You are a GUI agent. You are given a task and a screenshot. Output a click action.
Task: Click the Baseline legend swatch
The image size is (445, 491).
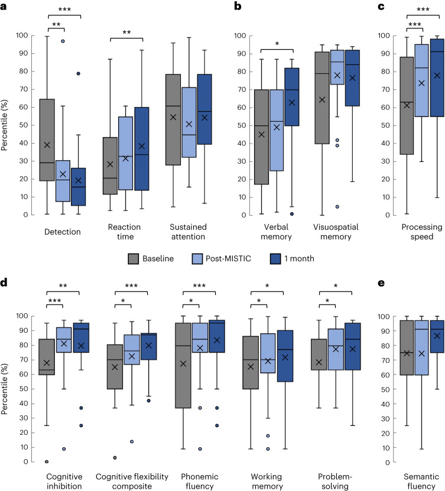(x=134, y=259)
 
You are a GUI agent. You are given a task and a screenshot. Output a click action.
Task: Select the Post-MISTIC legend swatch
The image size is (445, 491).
(x=197, y=259)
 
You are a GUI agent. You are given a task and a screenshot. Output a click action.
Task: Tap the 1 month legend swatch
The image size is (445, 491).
(x=275, y=259)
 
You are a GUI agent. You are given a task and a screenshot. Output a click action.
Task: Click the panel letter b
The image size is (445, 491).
(x=238, y=6)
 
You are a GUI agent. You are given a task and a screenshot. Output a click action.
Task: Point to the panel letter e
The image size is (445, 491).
(x=381, y=283)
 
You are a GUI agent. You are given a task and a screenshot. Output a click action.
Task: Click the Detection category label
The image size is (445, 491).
(x=63, y=232)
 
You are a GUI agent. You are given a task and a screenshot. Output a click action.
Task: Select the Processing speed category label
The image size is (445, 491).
(x=422, y=232)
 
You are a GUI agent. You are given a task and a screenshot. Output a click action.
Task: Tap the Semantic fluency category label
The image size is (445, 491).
(x=421, y=482)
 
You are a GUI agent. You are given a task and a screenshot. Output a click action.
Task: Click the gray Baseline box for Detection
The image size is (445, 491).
(x=47, y=140)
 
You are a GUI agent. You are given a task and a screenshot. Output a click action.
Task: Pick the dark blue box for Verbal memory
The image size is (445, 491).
(x=292, y=97)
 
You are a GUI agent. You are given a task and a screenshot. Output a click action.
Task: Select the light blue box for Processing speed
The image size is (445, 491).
(x=421, y=80)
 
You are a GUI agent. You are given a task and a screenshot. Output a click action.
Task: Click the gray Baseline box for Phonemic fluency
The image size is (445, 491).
(x=183, y=365)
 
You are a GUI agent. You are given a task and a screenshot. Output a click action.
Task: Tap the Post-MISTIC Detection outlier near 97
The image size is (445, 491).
(x=63, y=41)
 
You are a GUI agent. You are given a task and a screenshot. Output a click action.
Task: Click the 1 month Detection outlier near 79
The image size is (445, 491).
(x=78, y=74)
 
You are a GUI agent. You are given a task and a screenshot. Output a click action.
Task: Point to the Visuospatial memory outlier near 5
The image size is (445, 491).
(x=337, y=207)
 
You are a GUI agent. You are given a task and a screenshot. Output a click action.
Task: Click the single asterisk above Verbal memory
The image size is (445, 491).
(x=277, y=44)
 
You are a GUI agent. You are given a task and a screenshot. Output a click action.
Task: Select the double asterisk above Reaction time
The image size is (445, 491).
(x=126, y=32)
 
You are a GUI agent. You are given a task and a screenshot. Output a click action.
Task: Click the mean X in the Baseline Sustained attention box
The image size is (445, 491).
(x=173, y=117)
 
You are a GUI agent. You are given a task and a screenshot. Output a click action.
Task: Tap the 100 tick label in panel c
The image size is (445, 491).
(x=384, y=35)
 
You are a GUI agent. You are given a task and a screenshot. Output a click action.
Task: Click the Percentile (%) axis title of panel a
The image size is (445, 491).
(x=4, y=125)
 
